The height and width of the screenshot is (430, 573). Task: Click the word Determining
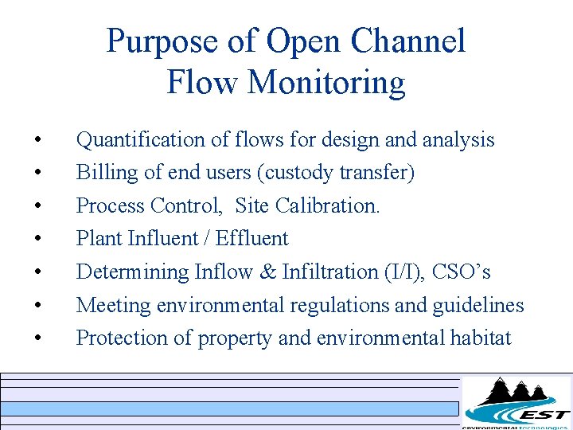[132, 272]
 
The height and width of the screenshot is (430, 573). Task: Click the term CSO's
[462, 272]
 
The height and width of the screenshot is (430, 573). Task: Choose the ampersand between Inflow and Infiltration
[267, 272]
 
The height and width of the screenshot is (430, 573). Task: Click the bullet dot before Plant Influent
[38, 239]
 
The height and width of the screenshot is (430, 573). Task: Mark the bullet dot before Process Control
[38, 206]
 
